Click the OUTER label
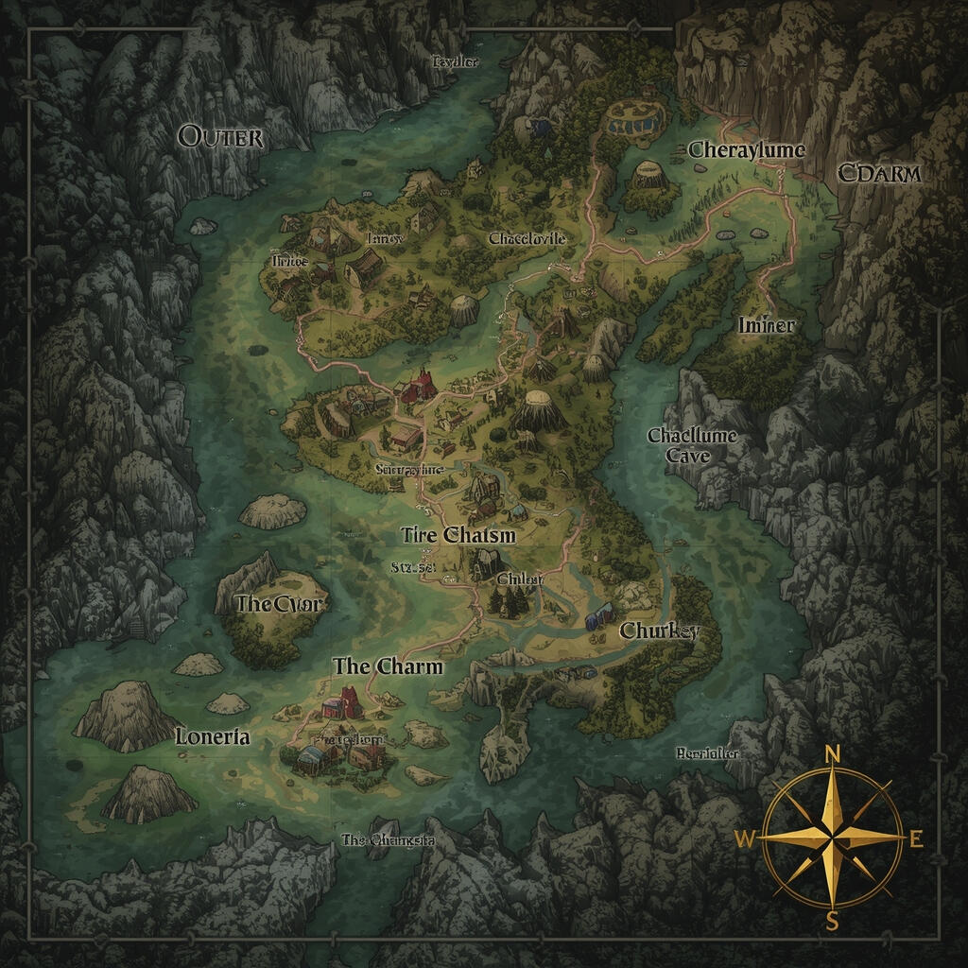click(x=220, y=137)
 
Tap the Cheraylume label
click(x=746, y=150)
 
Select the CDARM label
click(x=878, y=174)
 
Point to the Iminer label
click(x=765, y=325)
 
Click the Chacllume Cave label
click(x=691, y=445)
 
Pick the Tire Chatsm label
click(x=458, y=535)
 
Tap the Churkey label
click(x=659, y=631)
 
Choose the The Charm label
click(x=388, y=666)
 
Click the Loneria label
click(x=213, y=737)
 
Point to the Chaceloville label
click(x=527, y=239)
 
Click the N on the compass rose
click(x=832, y=753)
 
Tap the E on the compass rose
click(x=915, y=838)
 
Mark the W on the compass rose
click(x=745, y=838)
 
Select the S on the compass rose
click(x=832, y=922)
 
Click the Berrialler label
click(x=707, y=754)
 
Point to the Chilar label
click(x=519, y=579)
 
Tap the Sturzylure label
click(x=408, y=469)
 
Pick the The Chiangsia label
click(x=388, y=839)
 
